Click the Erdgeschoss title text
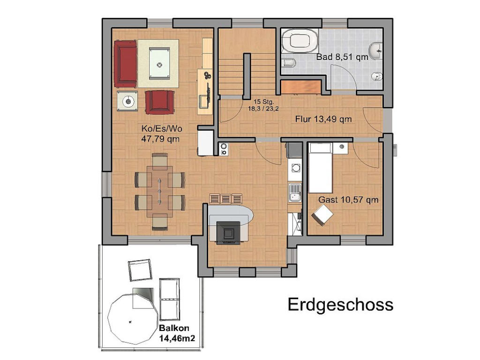click(x=340, y=304)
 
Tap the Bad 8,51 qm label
click(x=342, y=57)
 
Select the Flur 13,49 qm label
click(x=323, y=119)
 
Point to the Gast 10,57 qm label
click(x=348, y=200)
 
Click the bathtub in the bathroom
click(x=300, y=42)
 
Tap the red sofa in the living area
click(x=125, y=63)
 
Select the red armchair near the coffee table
click(x=160, y=102)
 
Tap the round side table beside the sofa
click(x=127, y=101)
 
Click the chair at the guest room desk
click(x=323, y=215)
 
